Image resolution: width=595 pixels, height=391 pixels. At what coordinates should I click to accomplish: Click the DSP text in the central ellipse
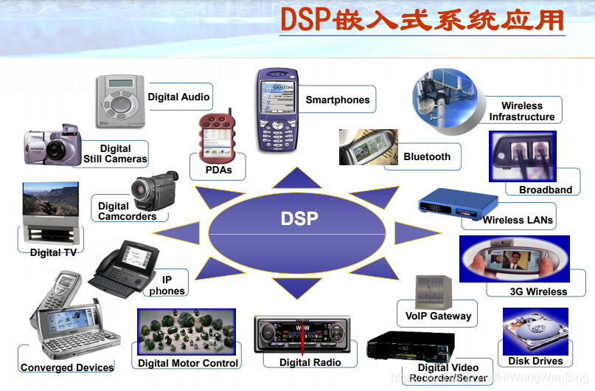299,218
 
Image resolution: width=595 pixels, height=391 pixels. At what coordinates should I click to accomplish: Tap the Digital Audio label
178,97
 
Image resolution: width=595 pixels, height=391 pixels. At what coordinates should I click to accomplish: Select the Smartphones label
338,100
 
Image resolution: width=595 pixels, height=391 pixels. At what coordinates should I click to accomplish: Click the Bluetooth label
427,156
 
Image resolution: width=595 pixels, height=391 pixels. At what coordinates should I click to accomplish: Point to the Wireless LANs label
518,220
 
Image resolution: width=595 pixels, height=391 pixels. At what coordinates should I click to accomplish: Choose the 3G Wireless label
538,291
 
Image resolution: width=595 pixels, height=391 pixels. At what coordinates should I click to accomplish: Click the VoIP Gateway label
438,316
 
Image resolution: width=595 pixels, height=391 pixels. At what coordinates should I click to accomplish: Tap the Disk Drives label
535,361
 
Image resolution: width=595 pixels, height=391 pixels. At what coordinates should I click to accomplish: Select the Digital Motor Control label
188,363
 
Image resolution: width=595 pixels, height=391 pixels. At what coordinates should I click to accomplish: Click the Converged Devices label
67,367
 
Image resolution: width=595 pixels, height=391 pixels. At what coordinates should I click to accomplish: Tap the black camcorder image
155,187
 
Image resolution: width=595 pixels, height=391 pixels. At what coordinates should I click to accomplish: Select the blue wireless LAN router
449,204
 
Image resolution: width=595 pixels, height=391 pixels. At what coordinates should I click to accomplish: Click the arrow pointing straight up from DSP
298,178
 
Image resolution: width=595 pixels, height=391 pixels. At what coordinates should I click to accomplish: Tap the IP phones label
167,286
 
